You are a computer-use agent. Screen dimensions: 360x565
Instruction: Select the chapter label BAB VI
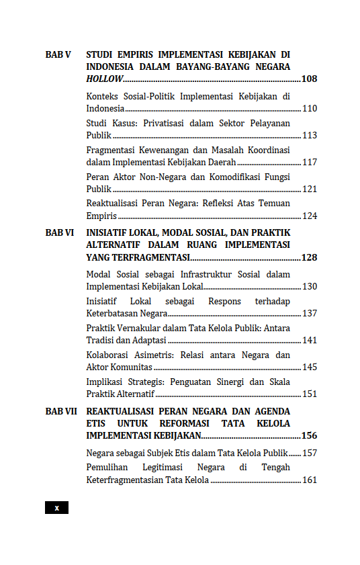click(x=60, y=232)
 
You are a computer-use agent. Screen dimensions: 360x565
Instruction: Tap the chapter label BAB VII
click(x=61, y=410)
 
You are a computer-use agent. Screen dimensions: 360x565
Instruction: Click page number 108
click(x=309, y=79)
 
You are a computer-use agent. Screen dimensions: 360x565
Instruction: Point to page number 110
click(x=309, y=108)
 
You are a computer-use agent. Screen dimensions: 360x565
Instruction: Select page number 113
click(x=309, y=135)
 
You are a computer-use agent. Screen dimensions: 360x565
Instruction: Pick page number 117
click(x=309, y=162)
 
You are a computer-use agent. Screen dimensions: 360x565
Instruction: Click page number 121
click(x=309, y=189)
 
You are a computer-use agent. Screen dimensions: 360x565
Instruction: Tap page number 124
click(x=309, y=216)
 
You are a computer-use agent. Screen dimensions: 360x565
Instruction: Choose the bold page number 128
click(x=309, y=257)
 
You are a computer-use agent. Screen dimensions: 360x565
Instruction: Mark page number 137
click(x=309, y=313)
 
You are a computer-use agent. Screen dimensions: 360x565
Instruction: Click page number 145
click(x=309, y=367)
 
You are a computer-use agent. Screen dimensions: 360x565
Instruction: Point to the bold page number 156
click(x=309, y=435)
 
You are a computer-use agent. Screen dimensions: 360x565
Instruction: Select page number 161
click(x=309, y=480)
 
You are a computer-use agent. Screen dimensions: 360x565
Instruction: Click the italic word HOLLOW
click(x=105, y=79)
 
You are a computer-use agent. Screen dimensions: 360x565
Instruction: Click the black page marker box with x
click(x=56, y=508)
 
